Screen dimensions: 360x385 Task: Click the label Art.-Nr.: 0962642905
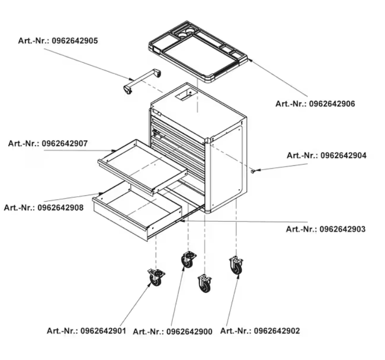click(x=58, y=41)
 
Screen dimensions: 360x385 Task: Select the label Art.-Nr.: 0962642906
click(x=315, y=103)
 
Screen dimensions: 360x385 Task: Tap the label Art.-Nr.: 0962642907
click(x=48, y=144)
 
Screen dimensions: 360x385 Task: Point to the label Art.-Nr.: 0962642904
click(x=327, y=155)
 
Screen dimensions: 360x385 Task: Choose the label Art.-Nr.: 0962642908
click(x=44, y=207)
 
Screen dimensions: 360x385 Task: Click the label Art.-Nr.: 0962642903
click(x=326, y=229)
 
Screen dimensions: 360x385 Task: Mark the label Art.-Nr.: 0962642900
click(x=172, y=332)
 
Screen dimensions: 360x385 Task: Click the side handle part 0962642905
click(x=142, y=80)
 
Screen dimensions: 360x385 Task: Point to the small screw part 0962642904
click(x=253, y=171)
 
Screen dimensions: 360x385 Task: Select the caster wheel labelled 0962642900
click(x=188, y=259)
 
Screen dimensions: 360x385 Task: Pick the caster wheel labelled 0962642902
click(x=236, y=265)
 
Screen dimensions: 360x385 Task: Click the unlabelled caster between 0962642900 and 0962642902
click(x=205, y=283)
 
